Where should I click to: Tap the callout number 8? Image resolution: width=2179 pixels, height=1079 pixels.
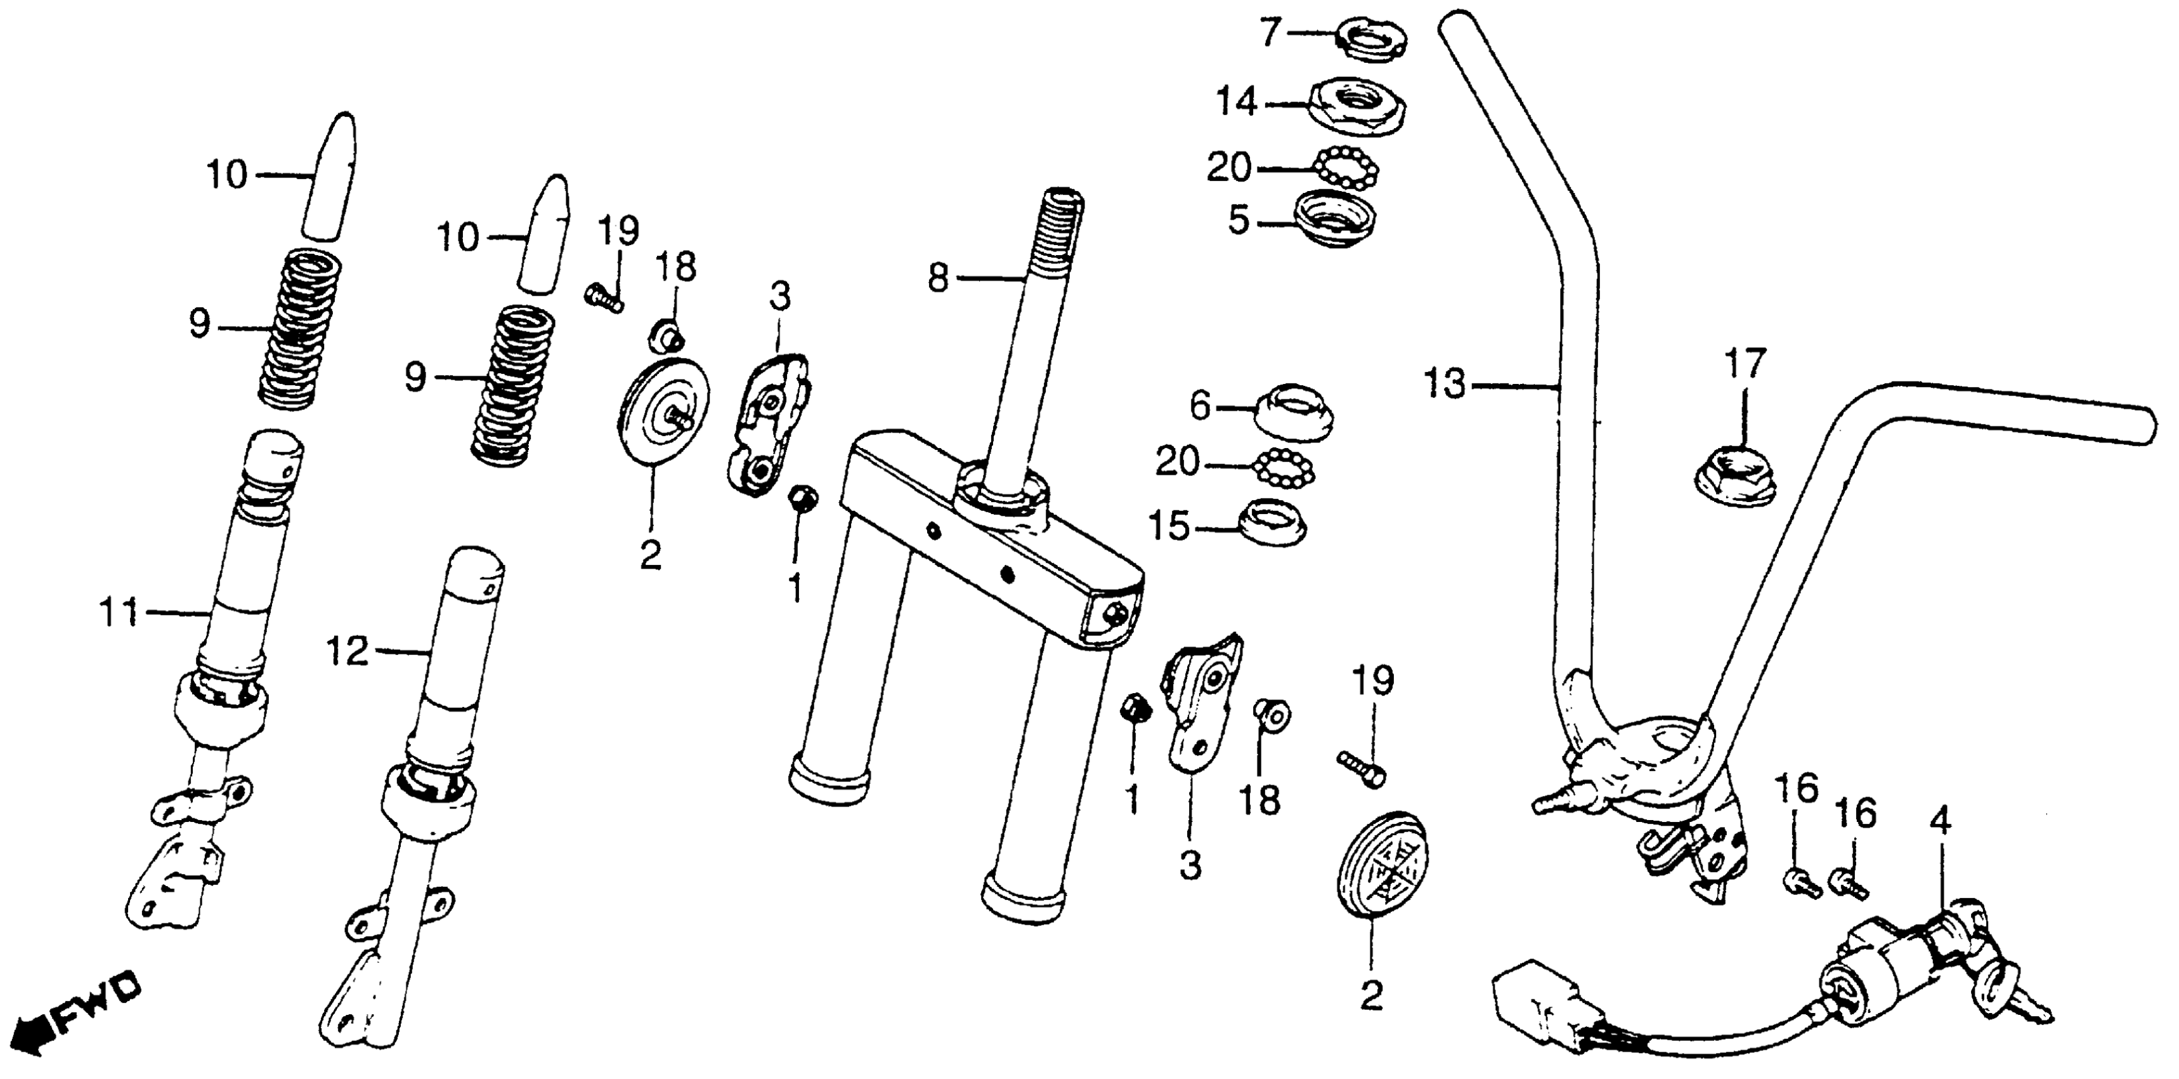point(938,279)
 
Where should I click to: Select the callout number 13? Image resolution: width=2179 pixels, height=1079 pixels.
point(1445,384)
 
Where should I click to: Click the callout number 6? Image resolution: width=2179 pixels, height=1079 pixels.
point(1202,407)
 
